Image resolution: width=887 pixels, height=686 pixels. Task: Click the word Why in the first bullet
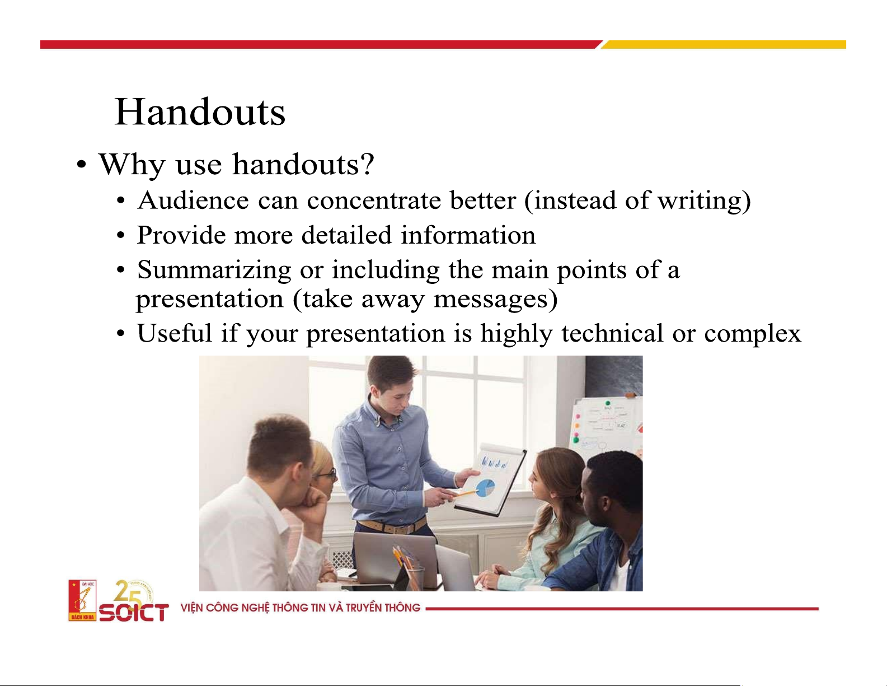[132, 165]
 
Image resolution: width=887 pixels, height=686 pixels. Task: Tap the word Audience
[193, 200]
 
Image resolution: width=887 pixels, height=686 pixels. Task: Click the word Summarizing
[214, 270]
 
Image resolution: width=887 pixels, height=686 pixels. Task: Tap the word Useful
[175, 333]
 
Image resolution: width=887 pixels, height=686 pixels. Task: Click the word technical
[612, 333]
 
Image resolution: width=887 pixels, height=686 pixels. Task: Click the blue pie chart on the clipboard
[486, 488]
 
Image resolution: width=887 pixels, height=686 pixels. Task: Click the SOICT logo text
[134, 612]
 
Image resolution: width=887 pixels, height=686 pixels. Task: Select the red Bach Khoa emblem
[82, 600]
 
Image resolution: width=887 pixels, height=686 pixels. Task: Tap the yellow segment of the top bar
[724, 44]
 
